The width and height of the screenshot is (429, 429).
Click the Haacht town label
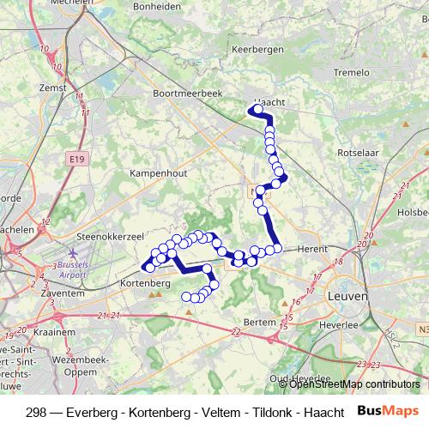click(268, 101)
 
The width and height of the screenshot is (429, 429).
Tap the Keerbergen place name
click(257, 51)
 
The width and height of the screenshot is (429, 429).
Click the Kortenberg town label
click(148, 282)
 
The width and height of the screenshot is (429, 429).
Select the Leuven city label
click(347, 295)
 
